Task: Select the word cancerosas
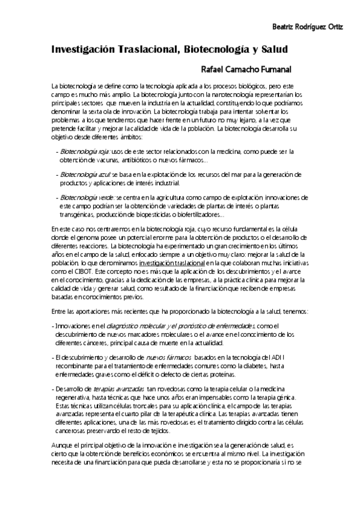69,431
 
